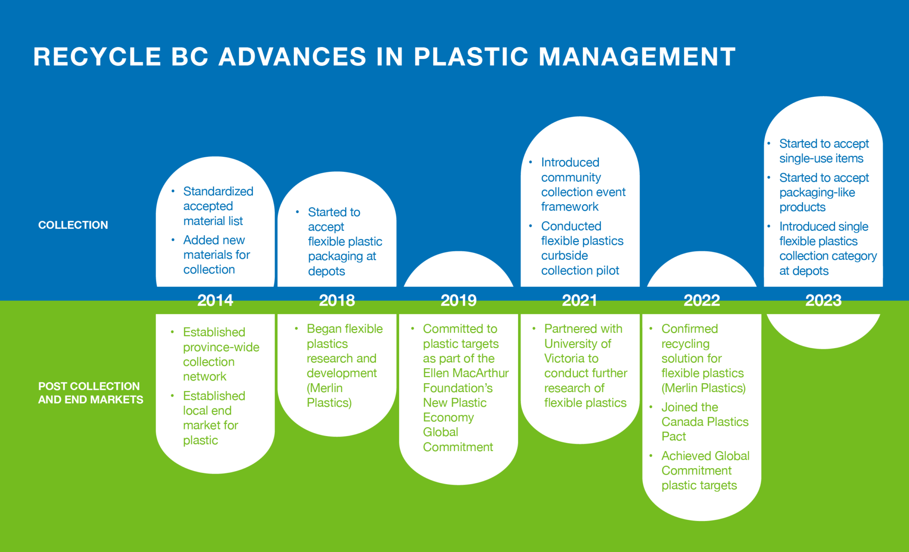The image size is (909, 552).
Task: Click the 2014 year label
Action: (x=215, y=301)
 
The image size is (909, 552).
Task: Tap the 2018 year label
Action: (x=337, y=301)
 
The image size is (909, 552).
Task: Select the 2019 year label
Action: (x=458, y=301)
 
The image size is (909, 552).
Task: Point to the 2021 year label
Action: (x=580, y=301)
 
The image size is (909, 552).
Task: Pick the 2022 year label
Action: (x=702, y=301)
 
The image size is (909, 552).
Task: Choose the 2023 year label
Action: (x=823, y=301)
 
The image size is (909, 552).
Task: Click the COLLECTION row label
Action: (x=73, y=225)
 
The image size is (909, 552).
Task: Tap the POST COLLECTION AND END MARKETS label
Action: (x=91, y=393)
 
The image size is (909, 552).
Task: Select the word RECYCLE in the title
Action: (x=97, y=57)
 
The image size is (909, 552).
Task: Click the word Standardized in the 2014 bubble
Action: (x=218, y=191)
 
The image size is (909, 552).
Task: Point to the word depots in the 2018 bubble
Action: (x=326, y=271)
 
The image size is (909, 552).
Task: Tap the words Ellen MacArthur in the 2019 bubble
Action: (x=466, y=373)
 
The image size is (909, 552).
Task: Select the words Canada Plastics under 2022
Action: (x=705, y=422)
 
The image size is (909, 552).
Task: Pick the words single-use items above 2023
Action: (x=821, y=159)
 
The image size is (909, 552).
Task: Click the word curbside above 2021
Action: (x=564, y=256)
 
